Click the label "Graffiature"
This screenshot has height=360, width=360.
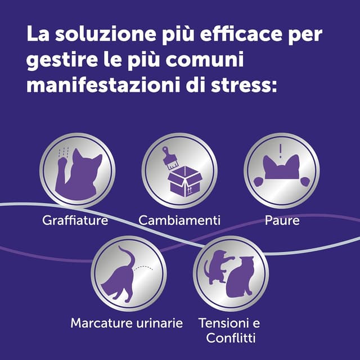(75, 220)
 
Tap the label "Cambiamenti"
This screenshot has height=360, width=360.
(179, 220)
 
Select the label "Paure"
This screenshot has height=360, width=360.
(282, 220)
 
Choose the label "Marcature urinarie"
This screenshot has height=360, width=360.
(127, 323)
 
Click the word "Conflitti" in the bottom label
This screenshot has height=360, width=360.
(231, 339)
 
